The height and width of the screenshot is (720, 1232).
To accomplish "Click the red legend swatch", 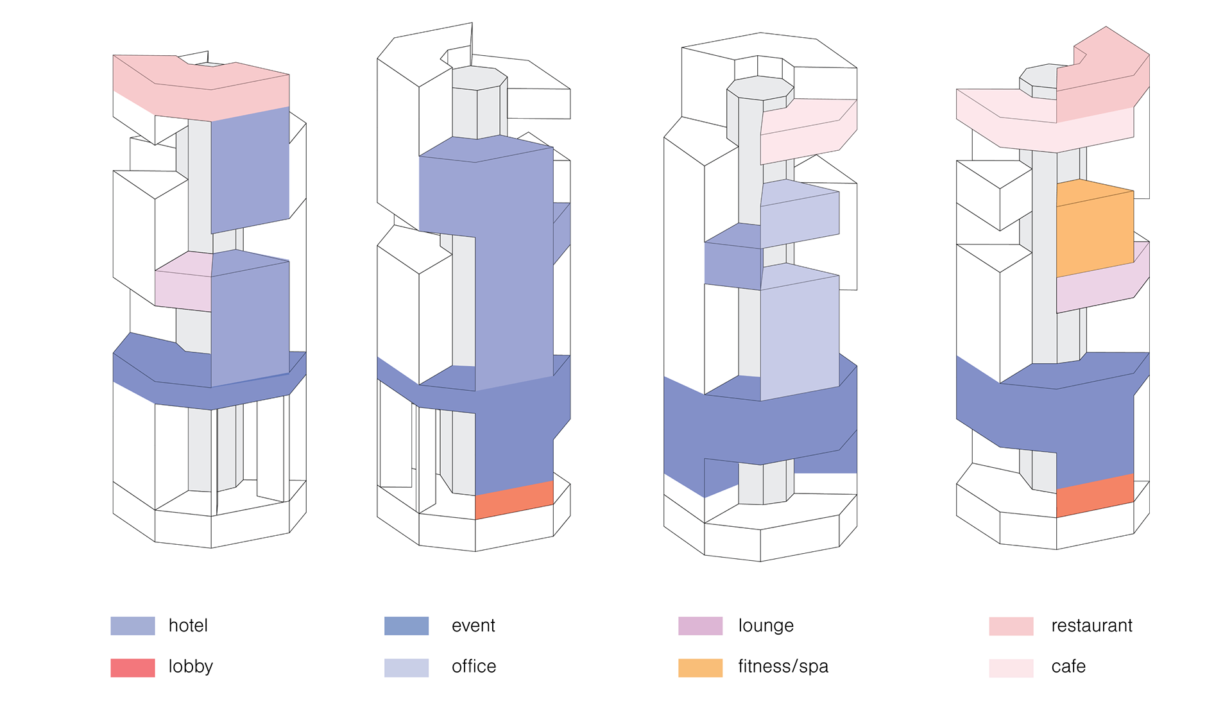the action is coord(132,667).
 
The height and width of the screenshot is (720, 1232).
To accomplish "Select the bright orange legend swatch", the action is coord(700,667).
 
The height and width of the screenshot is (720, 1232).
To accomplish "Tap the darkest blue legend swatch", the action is coord(406,626).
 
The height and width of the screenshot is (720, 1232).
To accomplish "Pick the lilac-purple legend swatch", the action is coord(700,626).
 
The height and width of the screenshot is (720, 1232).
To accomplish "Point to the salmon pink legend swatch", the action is coord(1011,626).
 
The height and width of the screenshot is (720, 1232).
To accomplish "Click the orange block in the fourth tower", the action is coord(1095,231).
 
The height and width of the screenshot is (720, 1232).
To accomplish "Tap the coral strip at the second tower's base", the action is coord(514,500).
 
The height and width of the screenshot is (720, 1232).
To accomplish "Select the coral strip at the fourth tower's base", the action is coord(1095,495).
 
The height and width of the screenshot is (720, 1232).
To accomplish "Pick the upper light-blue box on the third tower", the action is coord(800,212).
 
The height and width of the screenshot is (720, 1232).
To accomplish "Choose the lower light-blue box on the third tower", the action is coord(800,334).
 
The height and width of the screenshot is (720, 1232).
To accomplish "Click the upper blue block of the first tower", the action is coord(250,170).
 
